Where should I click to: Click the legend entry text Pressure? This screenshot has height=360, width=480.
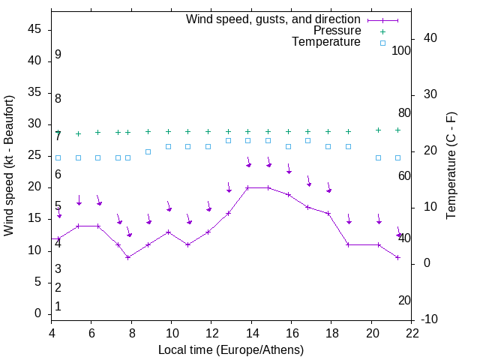pos(337,31)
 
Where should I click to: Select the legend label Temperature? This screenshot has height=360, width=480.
pos(326,42)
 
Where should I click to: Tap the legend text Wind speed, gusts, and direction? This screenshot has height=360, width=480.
pos(273,19)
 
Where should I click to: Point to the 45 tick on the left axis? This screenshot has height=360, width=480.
pos(35,30)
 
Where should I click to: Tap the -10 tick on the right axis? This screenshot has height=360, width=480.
pos(430,319)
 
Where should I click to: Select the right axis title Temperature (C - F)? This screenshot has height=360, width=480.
pos(451,165)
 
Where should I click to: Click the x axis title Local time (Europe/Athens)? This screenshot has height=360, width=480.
pos(231,349)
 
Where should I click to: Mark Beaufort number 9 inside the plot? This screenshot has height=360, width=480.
pos(58,55)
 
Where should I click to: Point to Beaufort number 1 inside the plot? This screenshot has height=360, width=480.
pos(58,306)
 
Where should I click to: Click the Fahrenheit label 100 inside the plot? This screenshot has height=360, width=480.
pos(401,50)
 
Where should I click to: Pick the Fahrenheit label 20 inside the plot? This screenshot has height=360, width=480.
pos(404,300)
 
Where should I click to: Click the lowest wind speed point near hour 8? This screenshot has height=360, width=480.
pos(128,257)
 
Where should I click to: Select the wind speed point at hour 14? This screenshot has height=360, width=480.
pos(248,187)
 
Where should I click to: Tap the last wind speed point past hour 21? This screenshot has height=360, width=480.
pos(398,257)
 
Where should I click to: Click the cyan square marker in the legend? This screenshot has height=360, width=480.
pos(382,43)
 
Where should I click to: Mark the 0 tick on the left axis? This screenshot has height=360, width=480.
pos(38,313)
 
